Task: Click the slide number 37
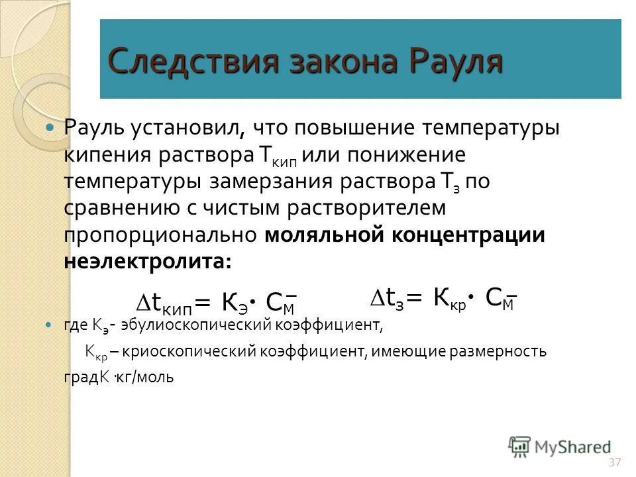614,461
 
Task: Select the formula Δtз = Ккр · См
442,299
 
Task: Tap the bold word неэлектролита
147,260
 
